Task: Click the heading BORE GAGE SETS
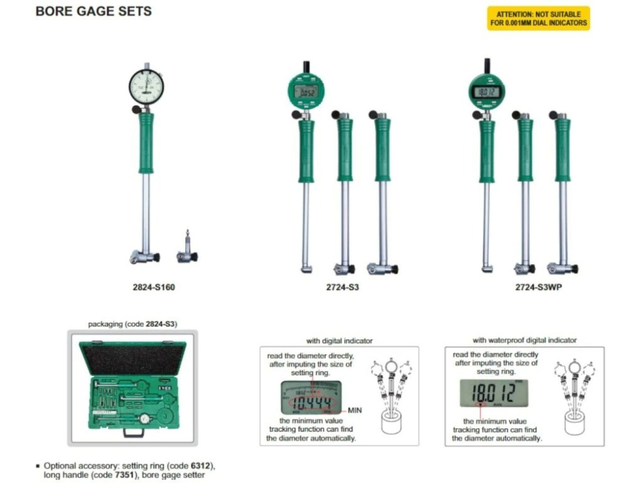click(94, 12)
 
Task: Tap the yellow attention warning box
click(538, 18)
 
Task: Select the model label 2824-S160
click(149, 287)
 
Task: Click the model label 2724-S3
click(342, 287)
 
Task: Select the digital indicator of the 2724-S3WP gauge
click(487, 91)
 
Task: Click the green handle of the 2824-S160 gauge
click(146, 143)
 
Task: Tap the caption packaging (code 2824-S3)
click(132, 325)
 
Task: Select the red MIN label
click(356, 410)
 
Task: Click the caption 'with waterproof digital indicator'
click(525, 340)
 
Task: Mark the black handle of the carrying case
click(133, 434)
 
